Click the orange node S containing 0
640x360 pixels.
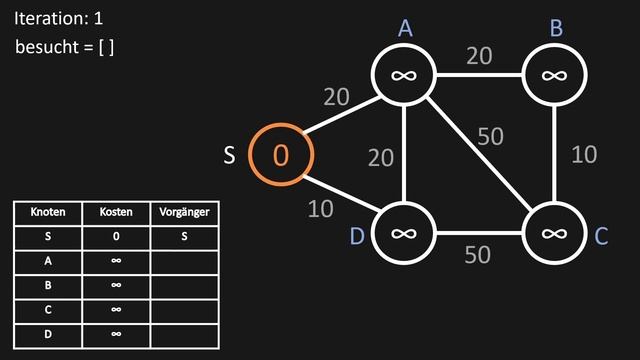click(281, 155)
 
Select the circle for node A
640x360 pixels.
click(403, 74)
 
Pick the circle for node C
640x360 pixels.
click(553, 233)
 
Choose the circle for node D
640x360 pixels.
click(403, 233)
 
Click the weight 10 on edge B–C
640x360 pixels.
click(583, 154)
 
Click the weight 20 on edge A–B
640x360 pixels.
click(479, 56)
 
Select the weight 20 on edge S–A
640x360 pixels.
click(337, 97)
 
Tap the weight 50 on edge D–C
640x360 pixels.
click(478, 255)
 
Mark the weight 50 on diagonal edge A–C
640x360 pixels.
click(490, 136)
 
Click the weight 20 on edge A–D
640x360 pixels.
click(382, 157)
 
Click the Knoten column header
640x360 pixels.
click(48, 213)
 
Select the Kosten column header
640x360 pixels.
click(116, 213)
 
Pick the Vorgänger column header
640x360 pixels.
click(184, 213)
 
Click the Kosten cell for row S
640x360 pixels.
click(116, 237)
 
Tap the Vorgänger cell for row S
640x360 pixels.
click(184, 237)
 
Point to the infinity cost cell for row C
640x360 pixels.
click(116, 309)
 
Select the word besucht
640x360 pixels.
click(49, 47)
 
